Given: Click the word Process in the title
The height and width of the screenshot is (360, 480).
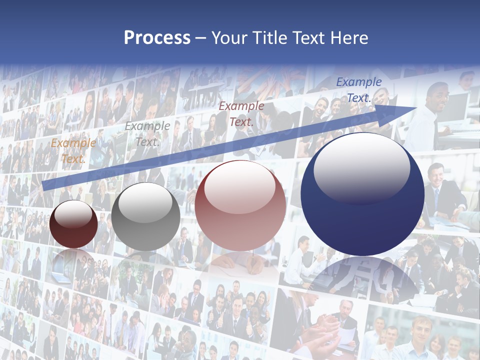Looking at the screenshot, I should point(157,38).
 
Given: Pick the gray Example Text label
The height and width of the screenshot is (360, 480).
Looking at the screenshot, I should point(147,134).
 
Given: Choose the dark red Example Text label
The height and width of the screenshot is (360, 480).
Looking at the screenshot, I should point(241,113).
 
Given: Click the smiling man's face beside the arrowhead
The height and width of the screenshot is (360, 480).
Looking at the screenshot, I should point(436,96).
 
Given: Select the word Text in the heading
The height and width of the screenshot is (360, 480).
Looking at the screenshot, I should point(309,38).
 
